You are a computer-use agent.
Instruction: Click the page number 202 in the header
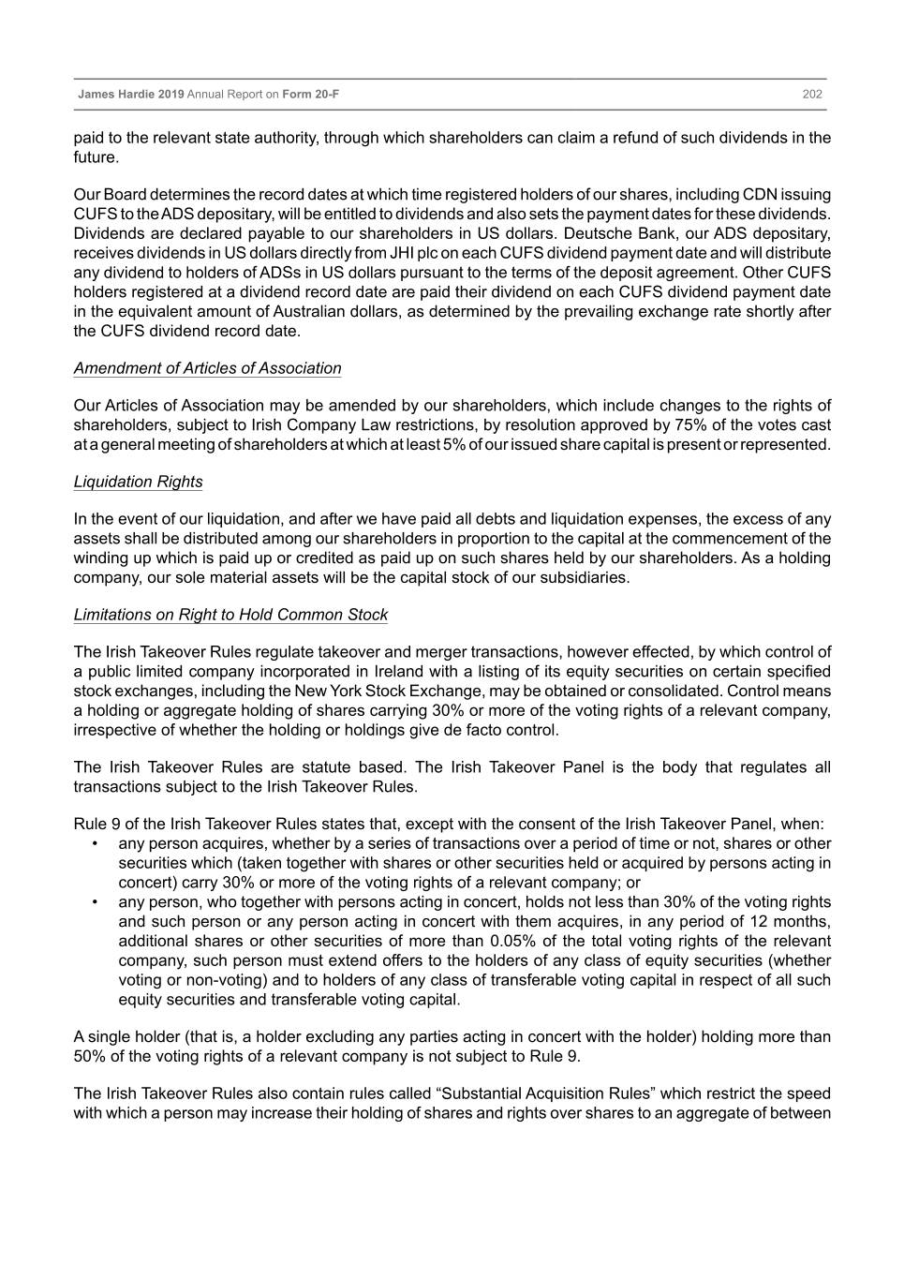point(812,95)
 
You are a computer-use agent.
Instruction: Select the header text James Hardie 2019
point(131,95)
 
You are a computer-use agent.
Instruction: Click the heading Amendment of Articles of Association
point(207,368)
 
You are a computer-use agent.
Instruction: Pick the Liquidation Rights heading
point(138,482)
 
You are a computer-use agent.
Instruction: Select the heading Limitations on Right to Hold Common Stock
point(230,615)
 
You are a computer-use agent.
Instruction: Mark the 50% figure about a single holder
point(89,1056)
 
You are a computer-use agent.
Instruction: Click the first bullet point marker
point(96,843)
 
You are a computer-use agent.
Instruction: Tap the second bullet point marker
point(96,901)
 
